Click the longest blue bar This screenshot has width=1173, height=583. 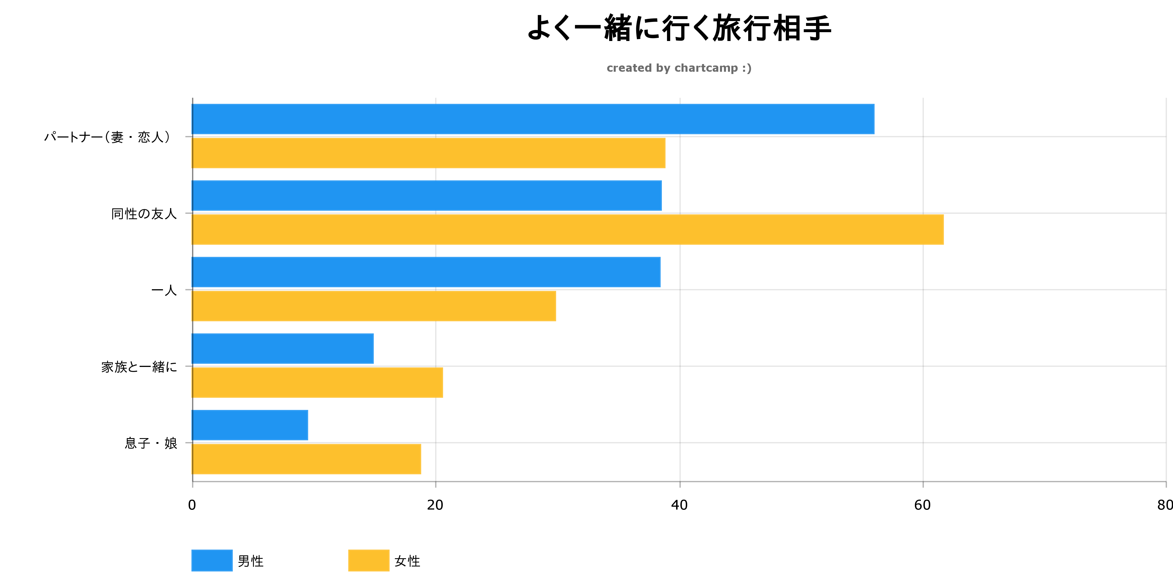pos(533,119)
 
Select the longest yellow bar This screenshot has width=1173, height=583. pos(567,229)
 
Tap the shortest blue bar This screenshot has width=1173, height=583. pos(250,425)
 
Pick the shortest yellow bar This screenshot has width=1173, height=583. pos(306,459)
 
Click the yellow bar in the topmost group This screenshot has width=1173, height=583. pos(428,153)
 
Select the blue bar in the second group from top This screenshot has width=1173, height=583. pos(427,195)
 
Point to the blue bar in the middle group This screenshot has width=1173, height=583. pos(426,272)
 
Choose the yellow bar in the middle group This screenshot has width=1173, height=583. pos(374,306)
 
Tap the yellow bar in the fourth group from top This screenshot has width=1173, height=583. pos(317,382)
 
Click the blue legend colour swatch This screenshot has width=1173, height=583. pos(212,560)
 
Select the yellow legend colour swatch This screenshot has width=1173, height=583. pos(368,560)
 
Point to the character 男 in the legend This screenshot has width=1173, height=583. pos(244,561)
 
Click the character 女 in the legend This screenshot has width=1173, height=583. pos(400,561)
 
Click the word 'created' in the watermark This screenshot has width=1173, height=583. pos(629,68)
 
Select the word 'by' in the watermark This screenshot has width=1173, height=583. pos(663,69)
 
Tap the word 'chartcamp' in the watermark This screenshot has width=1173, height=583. pos(706,68)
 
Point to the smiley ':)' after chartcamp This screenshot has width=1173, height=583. pos(747,68)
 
